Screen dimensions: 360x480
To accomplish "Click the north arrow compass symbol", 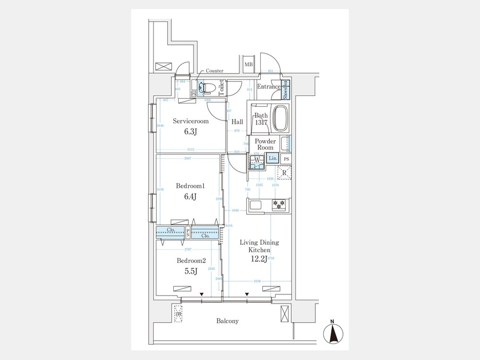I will pyautogui.click(x=333, y=334).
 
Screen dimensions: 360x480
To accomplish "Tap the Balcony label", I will pyautogui.click(x=227, y=321).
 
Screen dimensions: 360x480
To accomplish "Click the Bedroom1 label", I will pyautogui.click(x=190, y=186).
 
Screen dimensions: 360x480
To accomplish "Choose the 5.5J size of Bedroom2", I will pyautogui.click(x=190, y=271).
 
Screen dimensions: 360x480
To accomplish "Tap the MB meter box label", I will pyautogui.click(x=248, y=65).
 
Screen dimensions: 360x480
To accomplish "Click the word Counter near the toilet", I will pyautogui.click(x=214, y=70).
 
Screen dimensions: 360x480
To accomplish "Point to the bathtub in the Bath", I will pyautogui.click(x=280, y=121).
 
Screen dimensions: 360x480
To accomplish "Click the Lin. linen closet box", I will pyautogui.click(x=273, y=158).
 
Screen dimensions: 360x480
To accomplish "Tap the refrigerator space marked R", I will pyautogui.click(x=284, y=172).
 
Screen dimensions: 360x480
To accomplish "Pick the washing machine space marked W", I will pyautogui.click(x=257, y=159).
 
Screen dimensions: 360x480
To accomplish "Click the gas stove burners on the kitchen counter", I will pyautogui.click(x=279, y=204).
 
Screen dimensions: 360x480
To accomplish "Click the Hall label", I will pyautogui.click(x=237, y=122).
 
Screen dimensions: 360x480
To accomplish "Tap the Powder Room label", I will pyautogui.click(x=265, y=144).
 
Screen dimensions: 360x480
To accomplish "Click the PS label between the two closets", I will pyautogui.click(x=188, y=231).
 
